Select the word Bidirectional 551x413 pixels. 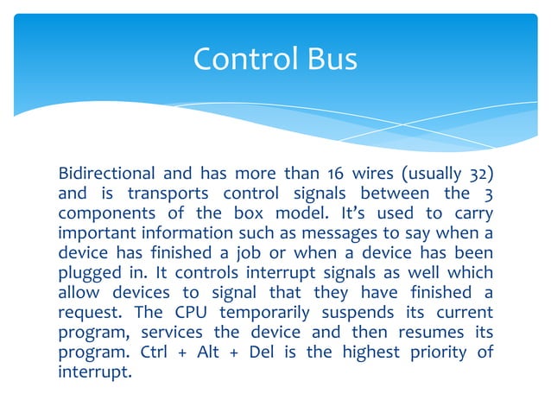click(x=106, y=172)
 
